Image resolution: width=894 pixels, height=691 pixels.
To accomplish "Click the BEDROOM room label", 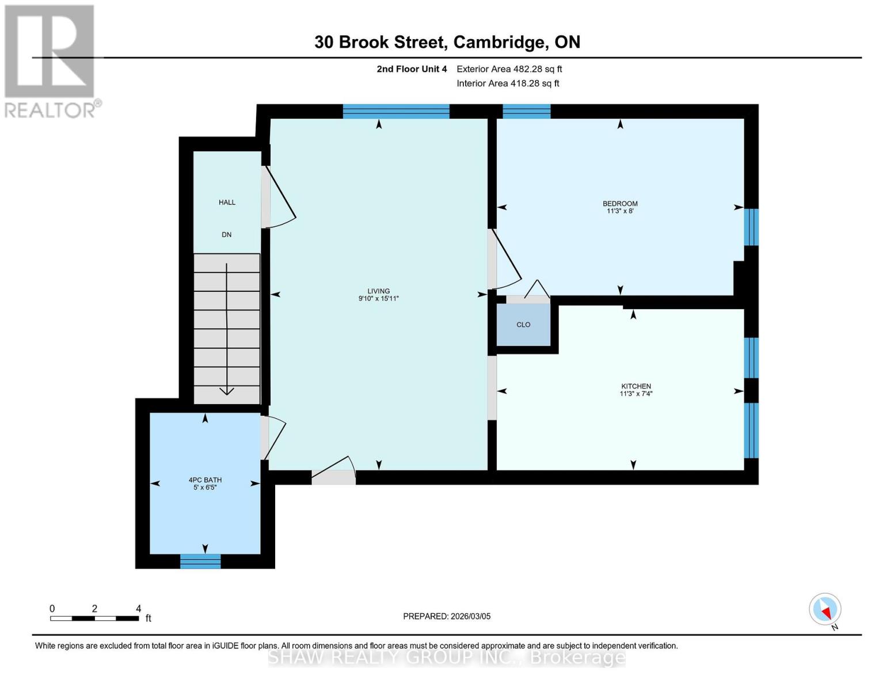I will pos(620,203).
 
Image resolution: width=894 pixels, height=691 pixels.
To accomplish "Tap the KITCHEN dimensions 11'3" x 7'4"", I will pos(636,394).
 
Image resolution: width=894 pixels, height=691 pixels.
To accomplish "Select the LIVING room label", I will pos(379,291).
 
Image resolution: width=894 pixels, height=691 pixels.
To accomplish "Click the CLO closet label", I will pos(523,325).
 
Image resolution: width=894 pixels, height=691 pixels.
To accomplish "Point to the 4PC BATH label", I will pos(205,480).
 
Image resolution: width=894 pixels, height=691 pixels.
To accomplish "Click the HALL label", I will pos(227,202).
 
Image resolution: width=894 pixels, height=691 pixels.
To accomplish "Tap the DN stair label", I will pos(227,234).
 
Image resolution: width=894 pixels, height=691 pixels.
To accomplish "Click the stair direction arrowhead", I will pos(227,391).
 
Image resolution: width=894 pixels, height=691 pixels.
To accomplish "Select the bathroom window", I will pos(200,561).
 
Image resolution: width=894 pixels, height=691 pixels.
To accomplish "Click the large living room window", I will pos(396,111).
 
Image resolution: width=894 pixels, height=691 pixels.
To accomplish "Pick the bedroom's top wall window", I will pos(527,111).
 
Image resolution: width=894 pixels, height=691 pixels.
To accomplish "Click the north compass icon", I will pos(825,609).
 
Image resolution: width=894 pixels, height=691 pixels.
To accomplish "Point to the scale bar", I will pos(94,618).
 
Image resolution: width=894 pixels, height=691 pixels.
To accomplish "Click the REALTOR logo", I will pos(50,60).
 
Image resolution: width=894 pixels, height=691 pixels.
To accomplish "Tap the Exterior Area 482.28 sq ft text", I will pos(509,69).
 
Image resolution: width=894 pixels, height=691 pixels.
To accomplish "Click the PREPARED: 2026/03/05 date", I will pos(447,616).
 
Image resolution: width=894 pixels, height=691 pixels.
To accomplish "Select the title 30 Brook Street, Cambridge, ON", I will pos(447,42).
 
